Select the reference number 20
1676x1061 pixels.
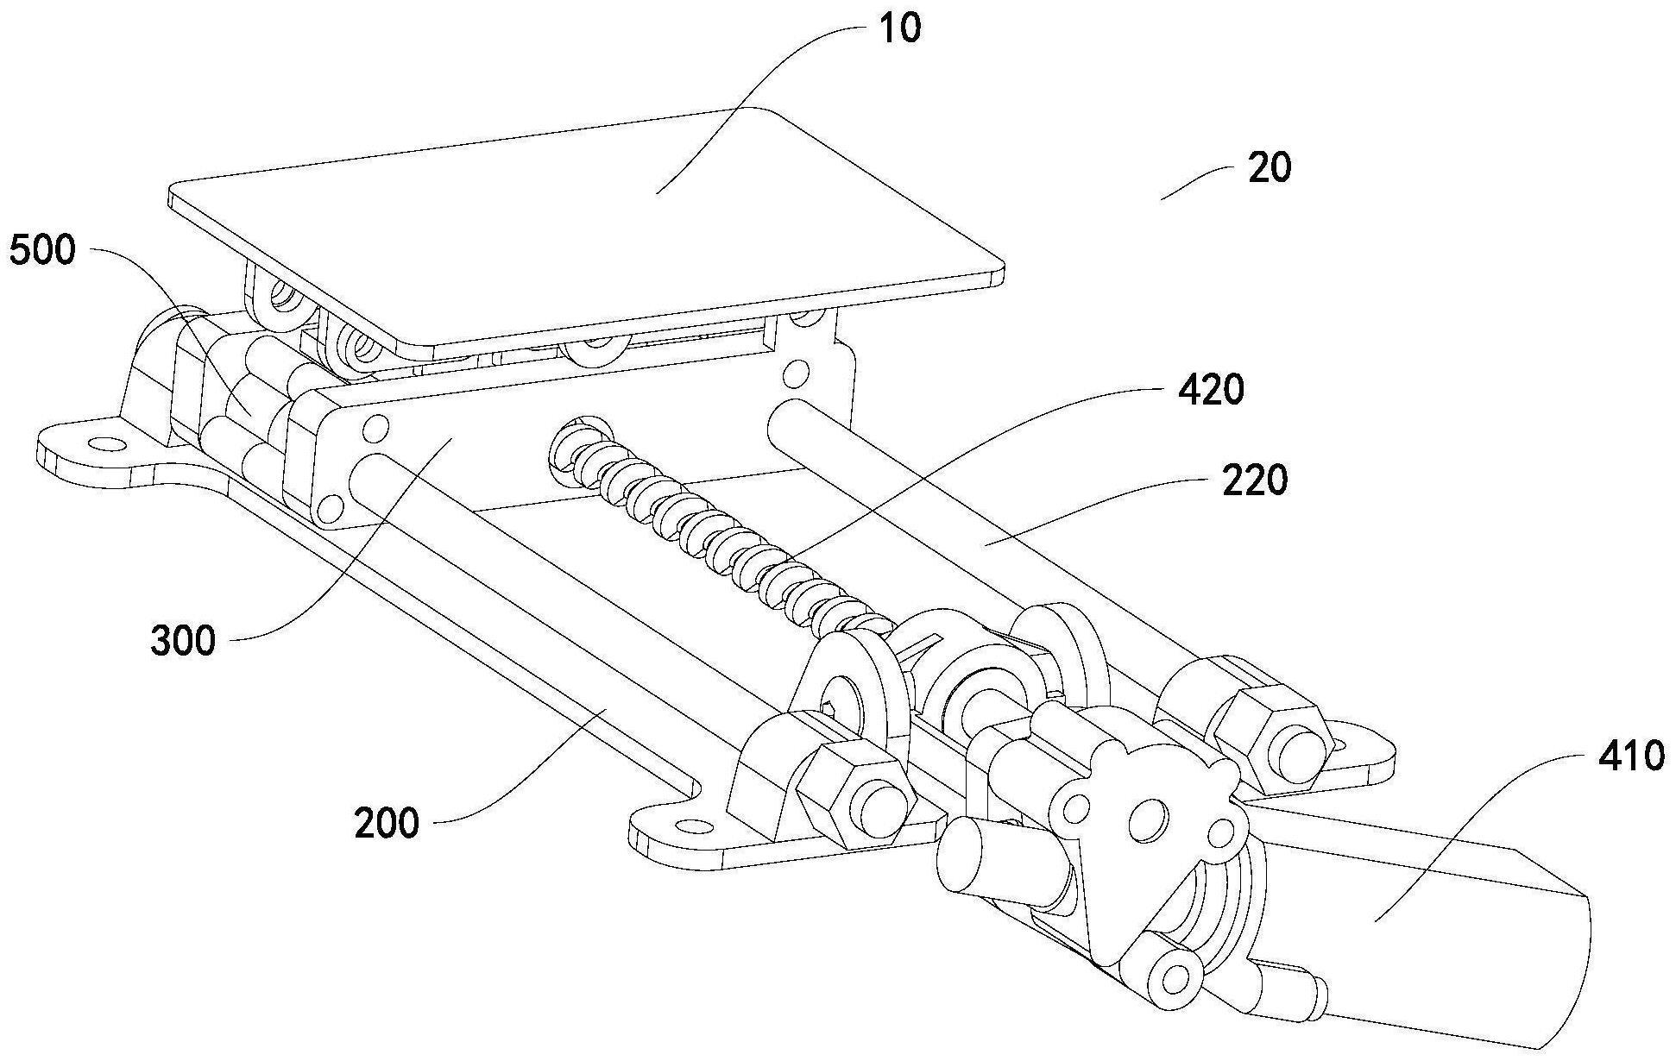coord(1270,167)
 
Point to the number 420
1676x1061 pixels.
coord(1211,390)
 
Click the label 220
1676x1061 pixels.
coord(1254,480)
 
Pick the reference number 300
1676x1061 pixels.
coord(182,641)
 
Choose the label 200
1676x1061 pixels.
coord(386,824)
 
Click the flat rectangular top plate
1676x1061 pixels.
coord(587,224)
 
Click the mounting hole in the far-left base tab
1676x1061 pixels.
coord(108,444)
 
